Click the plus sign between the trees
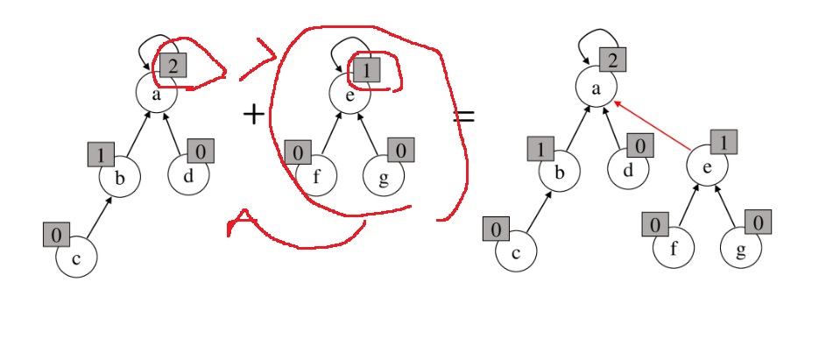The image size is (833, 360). click(253, 113)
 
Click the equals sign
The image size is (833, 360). click(462, 115)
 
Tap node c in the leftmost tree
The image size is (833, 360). click(76, 259)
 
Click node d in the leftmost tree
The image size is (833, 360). click(188, 173)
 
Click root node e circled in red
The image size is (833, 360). click(348, 95)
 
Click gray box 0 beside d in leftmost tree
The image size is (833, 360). click(201, 151)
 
